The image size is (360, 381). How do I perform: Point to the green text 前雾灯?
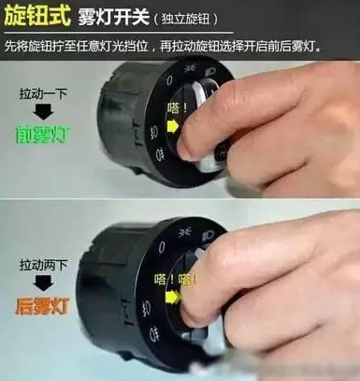click(44, 135)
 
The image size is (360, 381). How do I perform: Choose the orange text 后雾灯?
click(44, 305)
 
